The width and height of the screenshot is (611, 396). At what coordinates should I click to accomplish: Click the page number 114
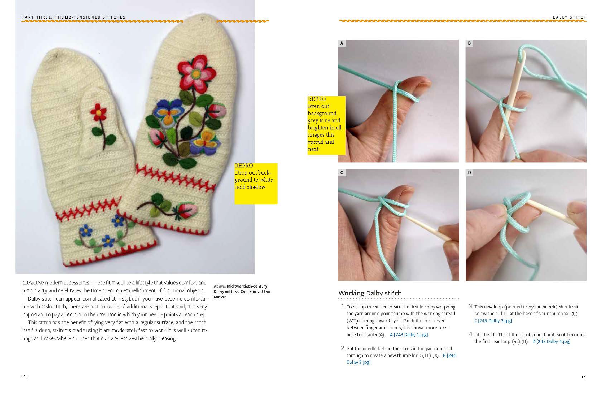25,377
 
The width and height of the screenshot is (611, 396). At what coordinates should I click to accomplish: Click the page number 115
584,377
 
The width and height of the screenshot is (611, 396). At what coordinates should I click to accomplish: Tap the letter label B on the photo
469,43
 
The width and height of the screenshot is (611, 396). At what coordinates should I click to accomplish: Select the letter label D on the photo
470,173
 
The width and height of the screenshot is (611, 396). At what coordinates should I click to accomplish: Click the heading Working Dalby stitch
370,293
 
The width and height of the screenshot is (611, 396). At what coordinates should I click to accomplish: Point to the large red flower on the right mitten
196,73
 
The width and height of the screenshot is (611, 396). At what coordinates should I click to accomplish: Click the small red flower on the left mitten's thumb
98,112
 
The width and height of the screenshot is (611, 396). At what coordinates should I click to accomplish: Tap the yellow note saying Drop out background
256,183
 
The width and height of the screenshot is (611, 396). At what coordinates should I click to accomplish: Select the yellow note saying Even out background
326,125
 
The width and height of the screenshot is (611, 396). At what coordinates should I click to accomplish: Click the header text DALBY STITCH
569,17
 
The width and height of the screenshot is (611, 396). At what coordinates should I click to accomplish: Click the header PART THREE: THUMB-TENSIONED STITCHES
74,17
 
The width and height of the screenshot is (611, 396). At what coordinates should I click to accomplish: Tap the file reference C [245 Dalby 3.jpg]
493,320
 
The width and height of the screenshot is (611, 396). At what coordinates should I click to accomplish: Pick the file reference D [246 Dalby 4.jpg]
551,341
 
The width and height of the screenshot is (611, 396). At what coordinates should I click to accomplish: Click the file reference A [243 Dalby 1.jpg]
409,335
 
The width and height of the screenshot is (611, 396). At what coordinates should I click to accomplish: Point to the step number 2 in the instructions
343,348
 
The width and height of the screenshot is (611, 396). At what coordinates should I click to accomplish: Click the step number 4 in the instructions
470,334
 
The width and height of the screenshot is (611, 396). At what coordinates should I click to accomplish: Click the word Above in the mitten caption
219,286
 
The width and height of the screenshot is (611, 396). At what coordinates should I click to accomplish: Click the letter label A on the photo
342,43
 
